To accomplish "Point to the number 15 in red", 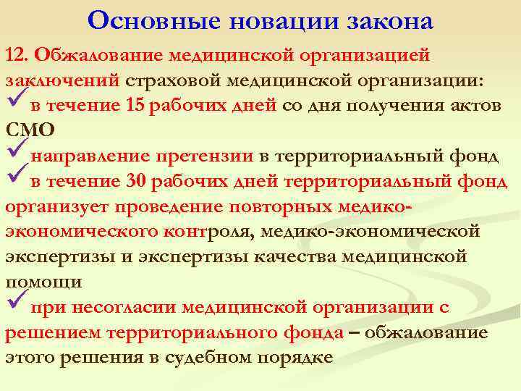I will point(135,105).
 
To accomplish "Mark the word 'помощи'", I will point(43,282).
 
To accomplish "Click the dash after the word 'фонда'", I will point(354,332).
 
